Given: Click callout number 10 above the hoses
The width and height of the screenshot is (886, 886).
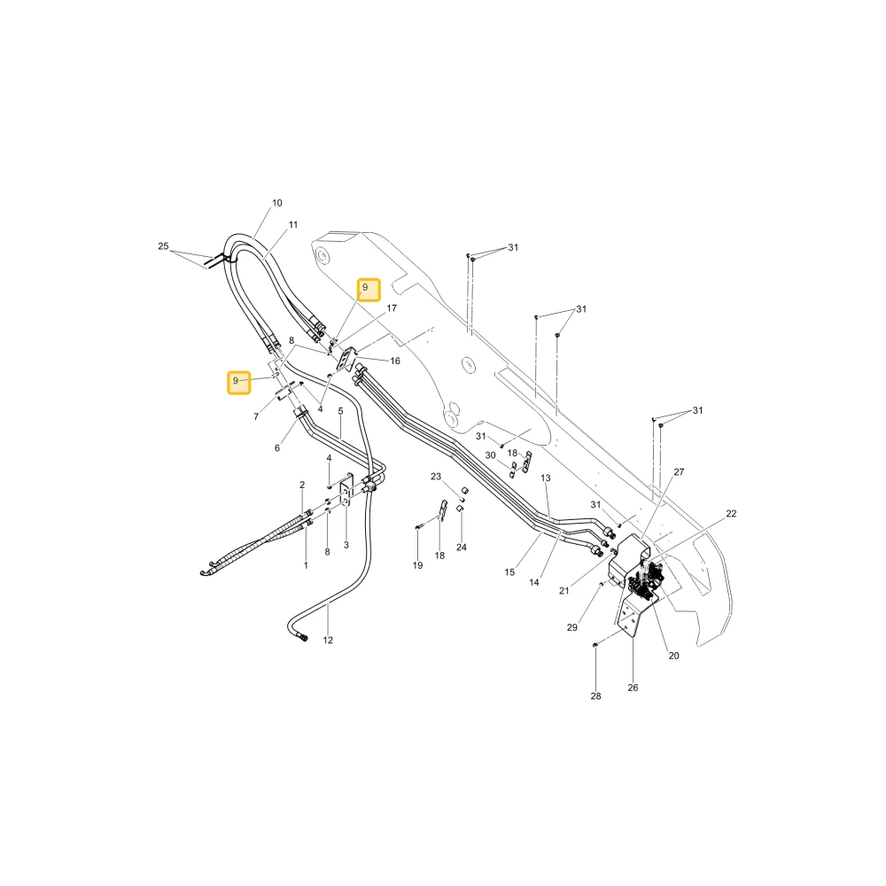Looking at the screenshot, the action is coord(276,203).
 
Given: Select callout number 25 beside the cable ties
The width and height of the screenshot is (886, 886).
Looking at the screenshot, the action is coord(163,246).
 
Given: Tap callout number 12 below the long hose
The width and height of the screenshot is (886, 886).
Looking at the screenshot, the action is coord(328,641).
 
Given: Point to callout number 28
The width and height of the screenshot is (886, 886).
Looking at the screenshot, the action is coord(595,696).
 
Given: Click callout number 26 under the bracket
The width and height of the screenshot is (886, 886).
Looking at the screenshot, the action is coord(633,688).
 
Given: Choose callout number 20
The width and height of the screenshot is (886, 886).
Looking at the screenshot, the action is coord(673,656).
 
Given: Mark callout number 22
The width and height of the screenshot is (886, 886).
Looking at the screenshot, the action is coord(731,514).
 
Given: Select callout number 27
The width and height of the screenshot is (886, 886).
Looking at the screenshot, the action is coord(680,472).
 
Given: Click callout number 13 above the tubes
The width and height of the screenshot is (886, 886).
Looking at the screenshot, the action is coord(545,478).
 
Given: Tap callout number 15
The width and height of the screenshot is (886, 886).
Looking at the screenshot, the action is coord(509,572).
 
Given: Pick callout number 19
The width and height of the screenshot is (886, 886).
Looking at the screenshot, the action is coord(417,565).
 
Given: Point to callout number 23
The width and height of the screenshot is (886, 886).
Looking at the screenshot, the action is coord(436,477).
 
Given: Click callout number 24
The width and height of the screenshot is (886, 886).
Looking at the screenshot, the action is coord(462,547).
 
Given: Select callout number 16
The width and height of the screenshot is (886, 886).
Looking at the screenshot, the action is coord(395,361).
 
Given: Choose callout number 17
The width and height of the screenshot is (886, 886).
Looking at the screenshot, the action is coord(392,308).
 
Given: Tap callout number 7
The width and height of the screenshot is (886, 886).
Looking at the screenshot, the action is coord(256,417).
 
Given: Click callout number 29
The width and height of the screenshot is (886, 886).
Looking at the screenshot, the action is coord(571,628).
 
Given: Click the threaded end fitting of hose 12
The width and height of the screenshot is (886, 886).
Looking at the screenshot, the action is coord(304,638).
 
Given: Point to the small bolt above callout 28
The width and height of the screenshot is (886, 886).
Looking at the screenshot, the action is coord(595,645).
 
